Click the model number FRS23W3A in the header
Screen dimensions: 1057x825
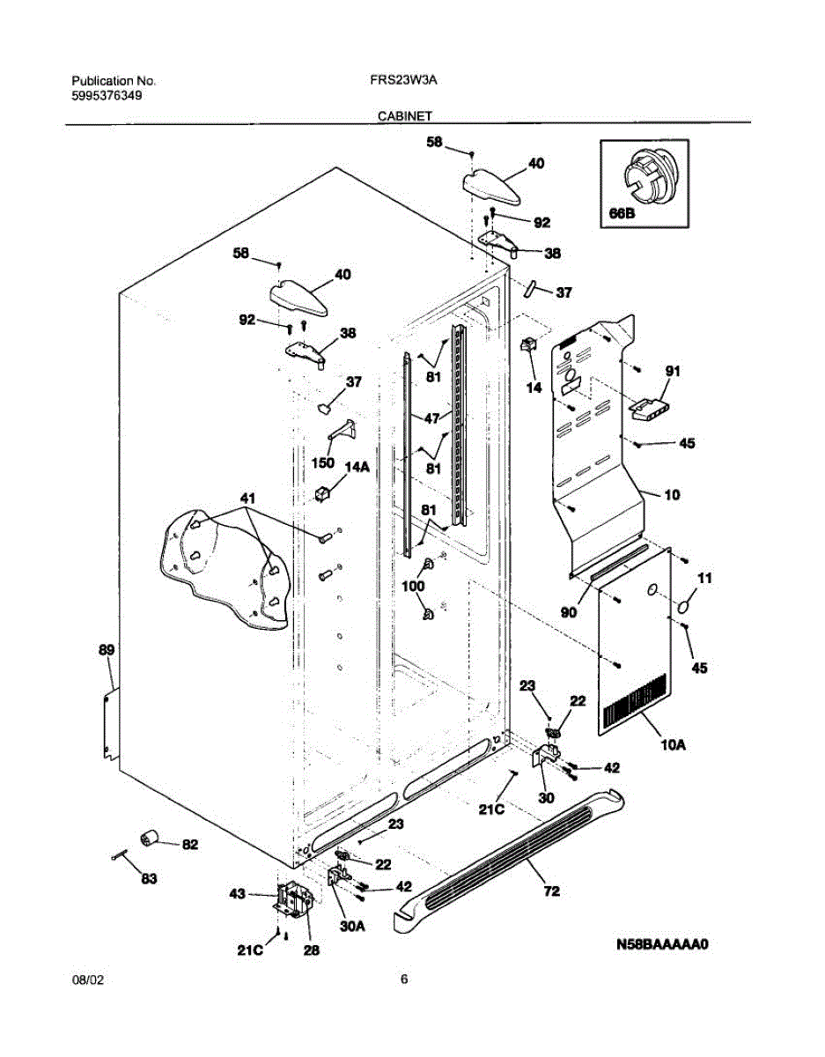(x=404, y=79)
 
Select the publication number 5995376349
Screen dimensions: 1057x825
(x=107, y=96)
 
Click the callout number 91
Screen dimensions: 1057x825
(x=673, y=373)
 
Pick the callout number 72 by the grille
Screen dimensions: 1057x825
(x=551, y=892)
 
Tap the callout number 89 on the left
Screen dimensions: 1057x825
(x=106, y=650)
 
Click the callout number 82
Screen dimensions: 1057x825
(x=189, y=845)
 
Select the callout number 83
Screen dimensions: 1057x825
(x=149, y=878)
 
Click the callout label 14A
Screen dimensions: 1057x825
(x=357, y=469)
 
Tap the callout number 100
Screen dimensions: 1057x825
(x=413, y=585)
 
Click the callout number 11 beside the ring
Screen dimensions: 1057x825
(x=704, y=578)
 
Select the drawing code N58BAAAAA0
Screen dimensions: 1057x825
(x=662, y=945)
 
